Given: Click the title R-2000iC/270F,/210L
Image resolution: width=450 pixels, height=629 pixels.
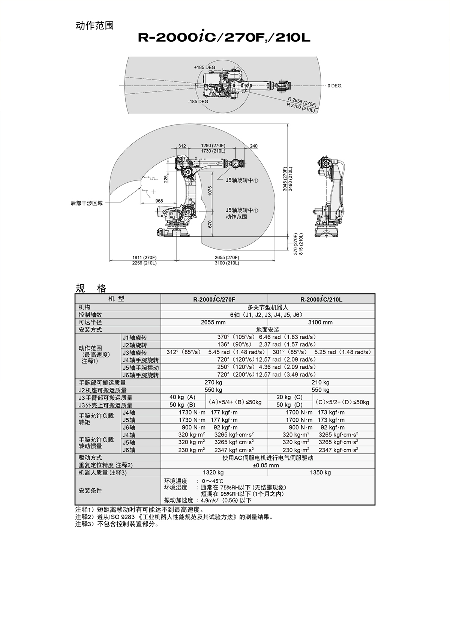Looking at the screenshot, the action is [x=224, y=38].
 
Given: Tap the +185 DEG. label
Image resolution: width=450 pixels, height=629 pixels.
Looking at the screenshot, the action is [x=205, y=68].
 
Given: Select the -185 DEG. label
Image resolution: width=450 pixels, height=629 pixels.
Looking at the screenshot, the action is [x=199, y=102].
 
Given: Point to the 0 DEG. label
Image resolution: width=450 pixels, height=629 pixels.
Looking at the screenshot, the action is [x=335, y=86].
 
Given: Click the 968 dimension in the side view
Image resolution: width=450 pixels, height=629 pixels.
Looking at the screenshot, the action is [x=159, y=201].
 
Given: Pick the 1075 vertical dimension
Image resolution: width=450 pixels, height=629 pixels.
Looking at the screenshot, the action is [x=210, y=191].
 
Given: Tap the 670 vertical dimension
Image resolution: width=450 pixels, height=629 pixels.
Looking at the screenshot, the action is [x=210, y=224].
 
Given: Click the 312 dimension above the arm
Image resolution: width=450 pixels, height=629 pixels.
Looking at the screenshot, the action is [x=182, y=146].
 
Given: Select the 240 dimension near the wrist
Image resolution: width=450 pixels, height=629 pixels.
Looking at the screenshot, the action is [x=253, y=146].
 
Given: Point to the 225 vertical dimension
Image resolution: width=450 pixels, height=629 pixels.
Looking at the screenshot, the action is [x=166, y=179].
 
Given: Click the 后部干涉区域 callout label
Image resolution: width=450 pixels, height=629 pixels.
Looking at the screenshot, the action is [x=87, y=203].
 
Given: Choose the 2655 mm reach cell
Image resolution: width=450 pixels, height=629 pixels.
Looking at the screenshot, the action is [x=213, y=322].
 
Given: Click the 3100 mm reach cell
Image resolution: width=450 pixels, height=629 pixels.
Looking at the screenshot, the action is [x=320, y=322].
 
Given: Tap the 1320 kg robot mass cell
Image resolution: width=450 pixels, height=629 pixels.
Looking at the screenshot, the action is [x=213, y=473].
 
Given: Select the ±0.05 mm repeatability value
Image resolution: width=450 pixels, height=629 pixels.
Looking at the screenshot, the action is [x=266, y=465].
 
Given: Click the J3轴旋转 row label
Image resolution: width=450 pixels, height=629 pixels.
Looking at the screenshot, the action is [x=135, y=353].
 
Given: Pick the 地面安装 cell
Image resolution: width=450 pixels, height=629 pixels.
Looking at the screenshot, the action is [x=268, y=330].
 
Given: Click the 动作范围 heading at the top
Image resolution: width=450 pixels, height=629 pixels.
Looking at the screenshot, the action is [x=94, y=26].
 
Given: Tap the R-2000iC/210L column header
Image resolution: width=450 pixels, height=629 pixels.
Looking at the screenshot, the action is [x=321, y=299].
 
